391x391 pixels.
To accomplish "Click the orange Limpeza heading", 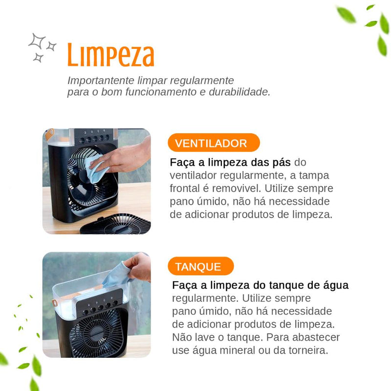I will [x=110, y=55].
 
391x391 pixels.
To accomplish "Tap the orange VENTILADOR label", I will [x=211, y=143].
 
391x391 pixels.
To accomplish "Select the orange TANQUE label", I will [x=198, y=267].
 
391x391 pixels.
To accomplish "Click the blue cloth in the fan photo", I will [x=96, y=169].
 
